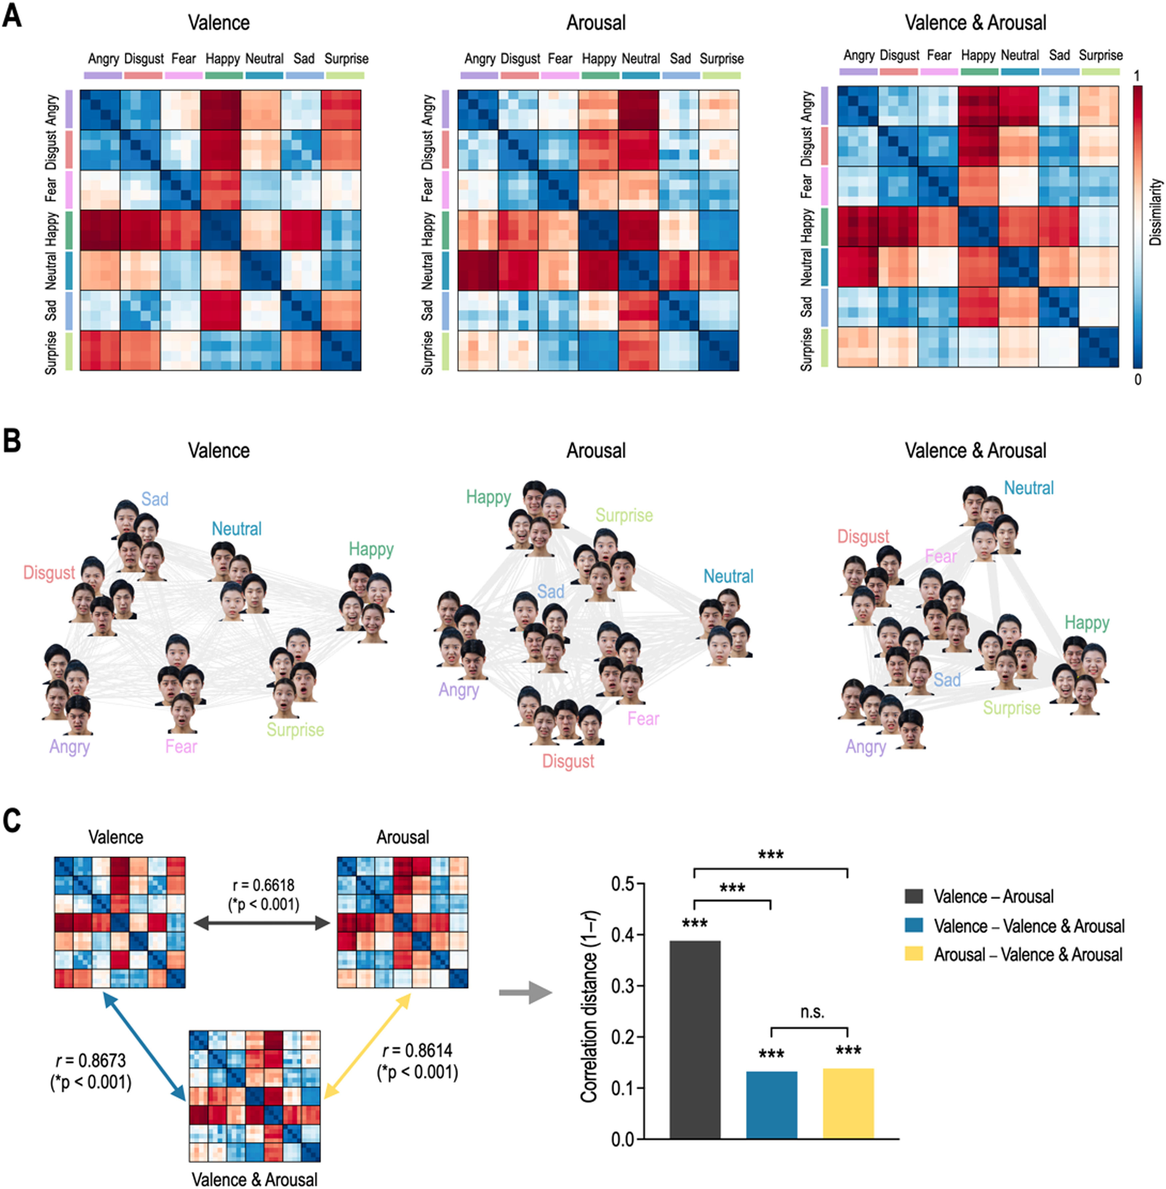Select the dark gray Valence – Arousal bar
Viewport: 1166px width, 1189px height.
(x=695, y=1039)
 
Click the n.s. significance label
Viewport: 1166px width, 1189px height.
(x=812, y=1012)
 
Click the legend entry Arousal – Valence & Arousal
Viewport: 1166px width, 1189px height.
(x=1028, y=954)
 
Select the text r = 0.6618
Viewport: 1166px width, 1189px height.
(x=263, y=885)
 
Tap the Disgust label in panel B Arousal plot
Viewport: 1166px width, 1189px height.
(x=568, y=761)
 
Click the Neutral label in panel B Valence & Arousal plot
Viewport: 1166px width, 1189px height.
(x=1029, y=488)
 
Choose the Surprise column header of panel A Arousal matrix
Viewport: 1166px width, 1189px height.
(x=721, y=59)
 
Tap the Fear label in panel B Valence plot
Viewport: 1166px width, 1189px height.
(x=181, y=746)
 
